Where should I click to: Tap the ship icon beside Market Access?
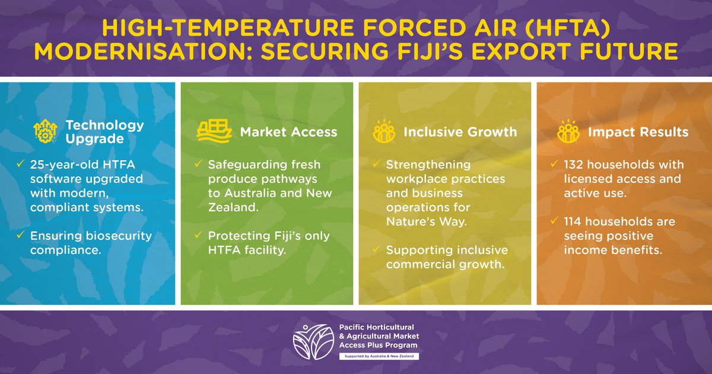(x=214, y=131)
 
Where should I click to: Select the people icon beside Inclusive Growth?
(x=383, y=132)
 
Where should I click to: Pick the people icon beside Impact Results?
(x=568, y=132)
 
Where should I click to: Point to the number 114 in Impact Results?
(x=574, y=221)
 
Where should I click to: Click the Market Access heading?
(x=288, y=132)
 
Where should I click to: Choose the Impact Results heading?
(x=638, y=132)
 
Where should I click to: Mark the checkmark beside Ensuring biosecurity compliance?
(x=20, y=236)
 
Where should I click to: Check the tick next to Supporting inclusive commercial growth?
(x=375, y=250)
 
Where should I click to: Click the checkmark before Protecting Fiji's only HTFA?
(x=197, y=236)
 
